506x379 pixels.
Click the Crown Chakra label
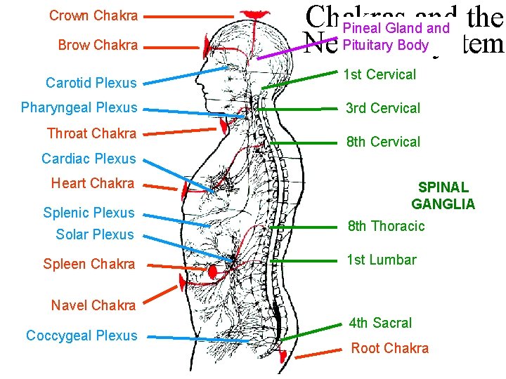[93, 15]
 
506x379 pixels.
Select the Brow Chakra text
[98, 46]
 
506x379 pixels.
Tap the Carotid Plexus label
[91, 83]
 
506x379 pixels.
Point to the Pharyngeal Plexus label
[79, 108]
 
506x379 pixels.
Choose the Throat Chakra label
[91, 133]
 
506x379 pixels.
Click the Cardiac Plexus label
[89, 159]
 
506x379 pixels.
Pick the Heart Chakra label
[92, 183]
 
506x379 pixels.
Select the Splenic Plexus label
[89, 213]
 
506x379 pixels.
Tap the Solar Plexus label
[94, 234]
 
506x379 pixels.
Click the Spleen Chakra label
[89, 265]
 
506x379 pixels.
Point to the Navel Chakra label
[93, 305]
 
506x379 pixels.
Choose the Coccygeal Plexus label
[82, 335]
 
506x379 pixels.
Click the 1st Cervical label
[379, 74]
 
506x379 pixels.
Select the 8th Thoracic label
[387, 226]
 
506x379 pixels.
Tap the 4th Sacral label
[380, 323]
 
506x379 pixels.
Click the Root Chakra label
[389, 348]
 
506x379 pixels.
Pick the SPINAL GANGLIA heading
[443, 196]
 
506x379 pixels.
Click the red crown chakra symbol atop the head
[254, 15]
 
